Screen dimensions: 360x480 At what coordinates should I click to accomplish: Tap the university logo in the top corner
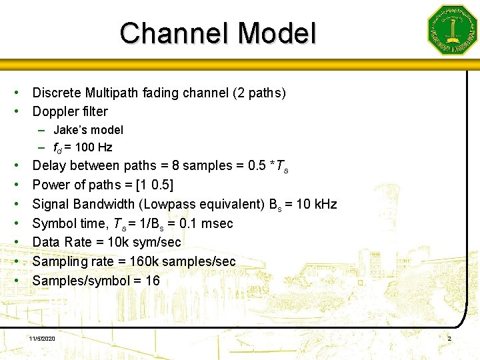pos(452,30)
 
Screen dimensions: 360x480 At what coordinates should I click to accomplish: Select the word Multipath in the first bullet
pos(111,93)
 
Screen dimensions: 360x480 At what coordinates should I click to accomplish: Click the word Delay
pos(49,165)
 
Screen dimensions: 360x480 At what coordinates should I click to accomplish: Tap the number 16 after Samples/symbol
pos(153,281)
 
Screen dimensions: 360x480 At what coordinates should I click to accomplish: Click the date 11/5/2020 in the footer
pos(42,339)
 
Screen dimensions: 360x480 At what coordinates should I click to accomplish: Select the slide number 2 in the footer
pos(449,339)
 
